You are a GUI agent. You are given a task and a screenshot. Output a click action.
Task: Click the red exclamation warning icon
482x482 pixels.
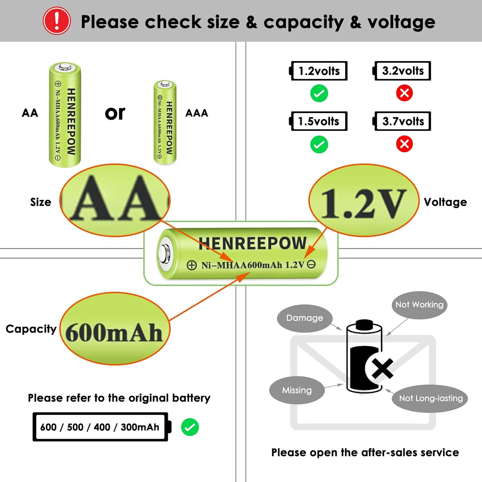pyautogui.click(x=57, y=21)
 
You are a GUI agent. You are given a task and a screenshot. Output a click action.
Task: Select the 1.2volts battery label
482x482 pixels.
pyautogui.click(x=319, y=71)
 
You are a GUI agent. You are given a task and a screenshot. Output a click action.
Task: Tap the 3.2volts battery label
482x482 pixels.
pyautogui.click(x=402, y=71)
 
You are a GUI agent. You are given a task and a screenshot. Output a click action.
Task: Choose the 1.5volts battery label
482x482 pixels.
pyautogui.click(x=319, y=121)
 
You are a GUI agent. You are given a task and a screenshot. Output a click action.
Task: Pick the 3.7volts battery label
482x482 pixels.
pyautogui.click(x=402, y=121)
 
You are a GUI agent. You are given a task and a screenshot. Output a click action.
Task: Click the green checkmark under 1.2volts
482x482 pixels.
pyautogui.click(x=319, y=94)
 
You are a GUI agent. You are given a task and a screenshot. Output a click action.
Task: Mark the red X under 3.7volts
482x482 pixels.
pyautogui.click(x=404, y=144)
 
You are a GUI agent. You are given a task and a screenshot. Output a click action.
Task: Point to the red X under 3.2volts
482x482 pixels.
pyautogui.click(x=404, y=93)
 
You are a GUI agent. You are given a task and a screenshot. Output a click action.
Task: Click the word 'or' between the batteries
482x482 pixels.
pyautogui.click(x=115, y=113)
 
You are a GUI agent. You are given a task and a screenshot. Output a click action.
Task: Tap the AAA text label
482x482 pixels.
pyautogui.click(x=197, y=113)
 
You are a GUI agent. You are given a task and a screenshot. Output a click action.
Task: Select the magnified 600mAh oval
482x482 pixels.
pyautogui.click(x=115, y=328)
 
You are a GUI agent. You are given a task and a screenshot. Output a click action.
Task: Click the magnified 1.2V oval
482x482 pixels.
pyautogui.click(x=364, y=201)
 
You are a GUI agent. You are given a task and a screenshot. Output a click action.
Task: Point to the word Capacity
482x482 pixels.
pyautogui.click(x=31, y=329)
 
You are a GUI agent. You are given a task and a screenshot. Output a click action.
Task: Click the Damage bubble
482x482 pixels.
pyautogui.click(x=304, y=318)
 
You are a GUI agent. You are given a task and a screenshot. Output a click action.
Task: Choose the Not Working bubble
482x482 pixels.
pyautogui.click(x=419, y=305)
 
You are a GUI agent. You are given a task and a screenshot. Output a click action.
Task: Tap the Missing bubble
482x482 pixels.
pyautogui.click(x=297, y=390)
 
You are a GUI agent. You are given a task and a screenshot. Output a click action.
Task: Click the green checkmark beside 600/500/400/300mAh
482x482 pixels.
pyautogui.click(x=190, y=427)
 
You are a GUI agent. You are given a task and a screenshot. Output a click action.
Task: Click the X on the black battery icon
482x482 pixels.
pyautogui.click(x=382, y=368)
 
